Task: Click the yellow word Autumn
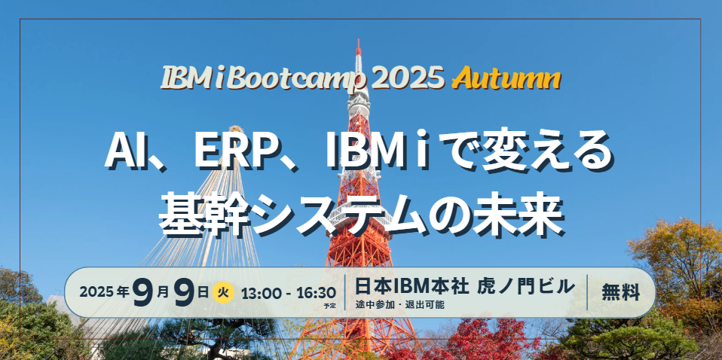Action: point(506,79)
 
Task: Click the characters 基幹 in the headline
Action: point(203,214)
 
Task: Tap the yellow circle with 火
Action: point(223,293)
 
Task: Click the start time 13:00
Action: point(260,293)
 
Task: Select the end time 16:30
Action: point(317,293)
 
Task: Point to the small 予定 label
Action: point(329,305)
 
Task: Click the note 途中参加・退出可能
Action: point(399,305)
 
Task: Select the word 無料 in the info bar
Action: point(621,292)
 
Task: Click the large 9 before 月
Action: point(142,293)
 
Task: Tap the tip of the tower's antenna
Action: point(358,40)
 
